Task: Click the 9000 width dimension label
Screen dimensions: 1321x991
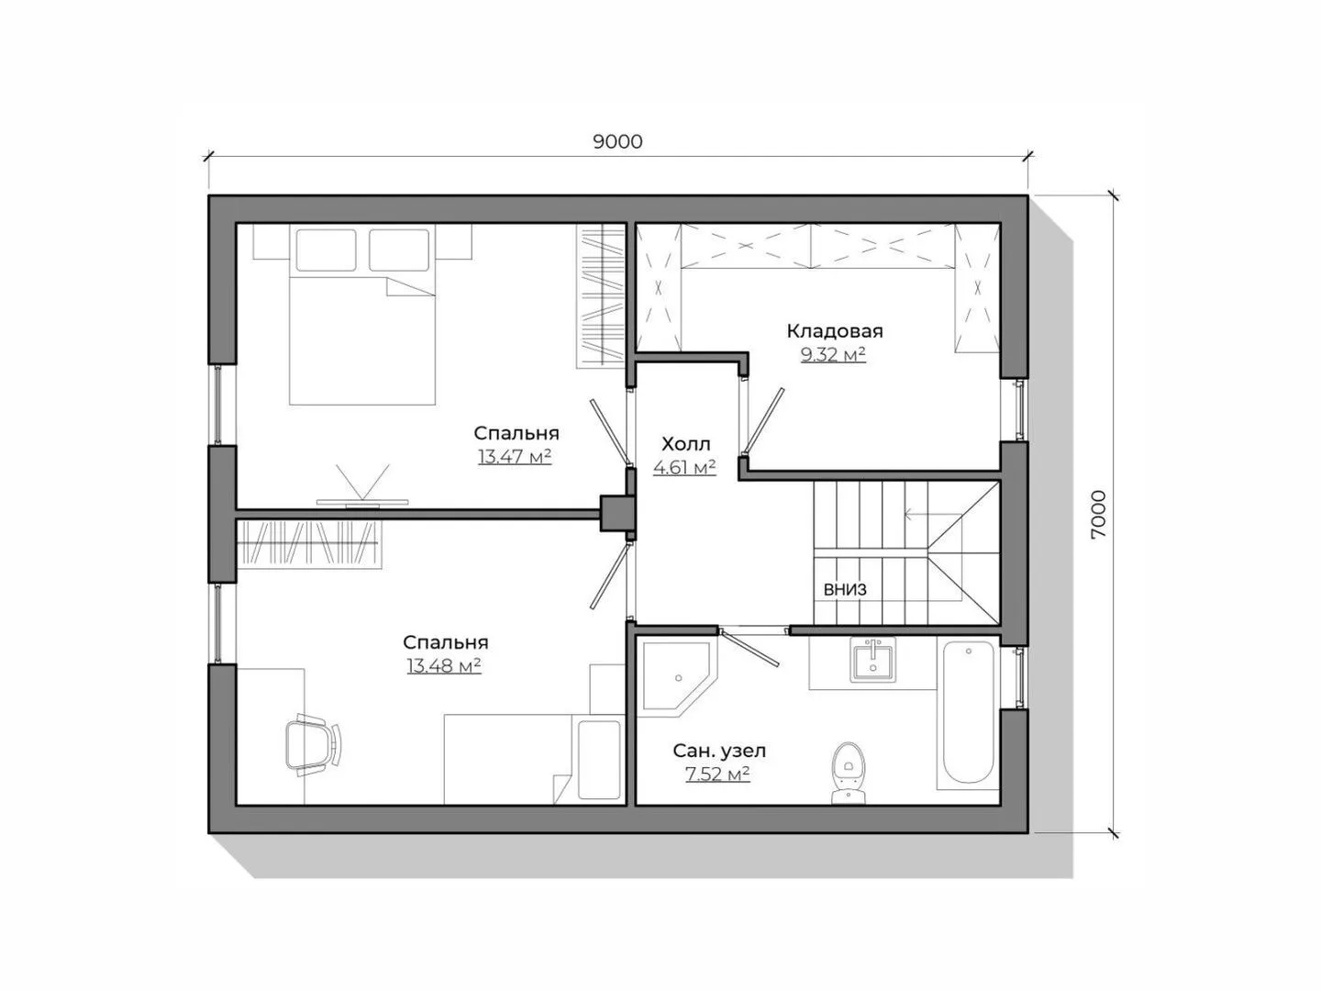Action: [x=617, y=141]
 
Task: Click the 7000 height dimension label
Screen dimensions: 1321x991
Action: [x=1098, y=515]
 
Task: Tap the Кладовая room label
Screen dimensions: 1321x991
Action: [x=835, y=331]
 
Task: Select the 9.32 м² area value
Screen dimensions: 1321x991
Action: [x=833, y=355]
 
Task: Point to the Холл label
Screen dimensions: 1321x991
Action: [x=685, y=444]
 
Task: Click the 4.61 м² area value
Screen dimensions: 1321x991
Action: [x=684, y=467]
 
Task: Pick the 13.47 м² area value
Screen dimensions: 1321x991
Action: [x=515, y=457]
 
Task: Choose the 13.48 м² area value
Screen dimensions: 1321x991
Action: [x=443, y=666]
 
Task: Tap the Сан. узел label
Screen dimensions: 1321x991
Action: [x=719, y=751]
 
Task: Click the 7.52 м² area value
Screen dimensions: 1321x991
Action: [x=717, y=774]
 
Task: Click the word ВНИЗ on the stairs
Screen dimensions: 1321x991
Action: [x=845, y=589]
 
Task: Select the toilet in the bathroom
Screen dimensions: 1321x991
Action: [x=848, y=774]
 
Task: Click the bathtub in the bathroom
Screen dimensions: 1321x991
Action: [x=968, y=713]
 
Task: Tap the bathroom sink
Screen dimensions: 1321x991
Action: [x=872, y=660]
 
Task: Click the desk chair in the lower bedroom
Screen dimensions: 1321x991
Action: [x=313, y=745]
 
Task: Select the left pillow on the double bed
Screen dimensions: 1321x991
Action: [x=326, y=250]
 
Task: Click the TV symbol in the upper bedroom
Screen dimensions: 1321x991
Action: [x=362, y=486]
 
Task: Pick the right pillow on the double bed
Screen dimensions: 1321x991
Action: [x=399, y=250]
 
